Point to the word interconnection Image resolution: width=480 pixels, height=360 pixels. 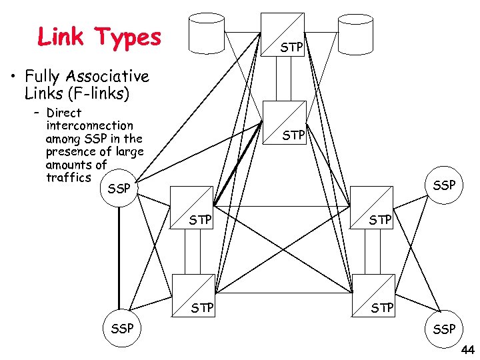(89, 125)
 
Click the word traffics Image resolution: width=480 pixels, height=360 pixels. (68, 177)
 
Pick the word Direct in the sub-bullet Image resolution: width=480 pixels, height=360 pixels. (64, 113)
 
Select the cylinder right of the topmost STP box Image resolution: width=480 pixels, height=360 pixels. (355, 33)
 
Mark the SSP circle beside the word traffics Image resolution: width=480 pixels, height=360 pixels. (118, 189)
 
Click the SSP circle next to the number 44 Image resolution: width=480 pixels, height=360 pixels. (443, 328)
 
